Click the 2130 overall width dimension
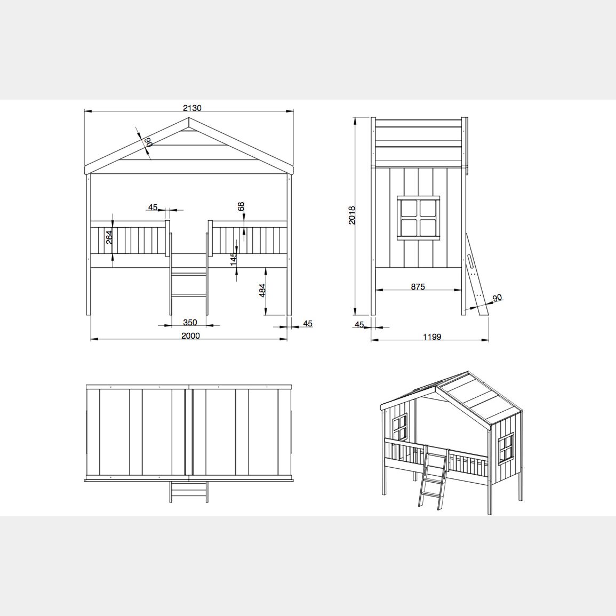[x=192, y=108]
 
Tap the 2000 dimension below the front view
[x=190, y=335]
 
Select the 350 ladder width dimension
[x=190, y=323]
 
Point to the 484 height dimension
[x=263, y=290]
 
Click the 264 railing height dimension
[x=109, y=237]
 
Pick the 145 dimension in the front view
[x=234, y=259]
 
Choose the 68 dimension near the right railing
[x=241, y=206]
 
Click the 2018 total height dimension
[x=352, y=215]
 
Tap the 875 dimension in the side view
[x=418, y=287]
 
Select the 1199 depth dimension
[x=432, y=337]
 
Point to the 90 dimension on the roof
[x=148, y=142]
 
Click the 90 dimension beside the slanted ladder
[x=497, y=298]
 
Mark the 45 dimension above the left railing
[x=153, y=207]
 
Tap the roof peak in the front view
[x=189, y=117]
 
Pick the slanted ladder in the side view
[x=477, y=274]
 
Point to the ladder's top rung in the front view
[x=189, y=274]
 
